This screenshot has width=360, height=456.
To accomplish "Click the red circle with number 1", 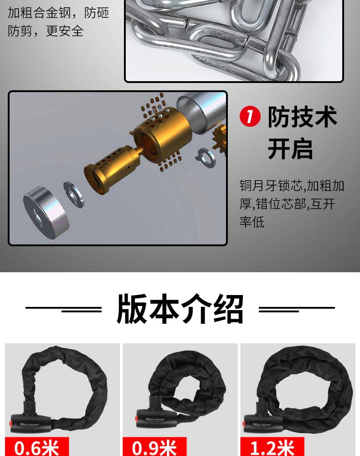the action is click(x=250, y=117).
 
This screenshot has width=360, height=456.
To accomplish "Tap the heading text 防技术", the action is click(x=302, y=117).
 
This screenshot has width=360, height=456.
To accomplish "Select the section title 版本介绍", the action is click(x=180, y=309).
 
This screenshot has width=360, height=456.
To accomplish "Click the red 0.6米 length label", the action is click(x=37, y=447).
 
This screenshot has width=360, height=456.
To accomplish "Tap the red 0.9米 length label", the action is click(x=154, y=447).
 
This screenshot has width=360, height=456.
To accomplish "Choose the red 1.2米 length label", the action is click(x=272, y=447).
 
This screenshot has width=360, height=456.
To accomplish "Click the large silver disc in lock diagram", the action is click(x=46, y=212).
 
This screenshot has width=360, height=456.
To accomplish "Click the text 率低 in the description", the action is click(x=252, y=222).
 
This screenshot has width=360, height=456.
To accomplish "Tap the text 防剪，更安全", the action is click(x=46, y=31).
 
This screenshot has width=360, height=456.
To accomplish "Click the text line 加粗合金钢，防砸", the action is click(x=58, y=13).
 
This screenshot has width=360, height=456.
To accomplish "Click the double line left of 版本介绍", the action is click(x=64, y=309).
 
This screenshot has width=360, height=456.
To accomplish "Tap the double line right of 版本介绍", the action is click(x=297, y=309).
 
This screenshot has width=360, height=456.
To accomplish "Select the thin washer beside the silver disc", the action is click(x=73, y=194).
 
